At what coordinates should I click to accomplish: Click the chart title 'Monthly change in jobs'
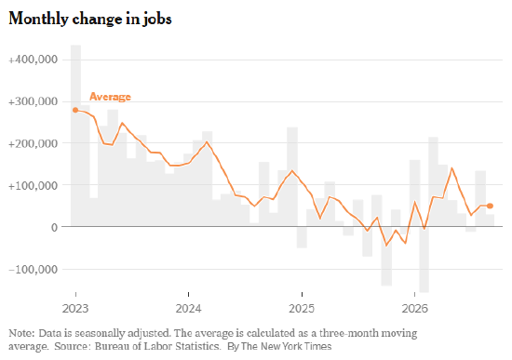[90, 19]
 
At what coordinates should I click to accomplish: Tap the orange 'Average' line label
[111, 97]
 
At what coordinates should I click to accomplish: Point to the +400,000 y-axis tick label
[33, 60]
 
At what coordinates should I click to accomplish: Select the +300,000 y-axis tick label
[33, 101]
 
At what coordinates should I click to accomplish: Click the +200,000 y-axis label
[33, 143]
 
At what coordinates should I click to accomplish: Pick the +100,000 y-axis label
[33, 185]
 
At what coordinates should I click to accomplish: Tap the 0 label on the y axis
[54, 227]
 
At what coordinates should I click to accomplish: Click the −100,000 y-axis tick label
[33, 269]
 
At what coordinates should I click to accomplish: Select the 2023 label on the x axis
[75, 309]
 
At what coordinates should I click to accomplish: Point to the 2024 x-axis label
[189, 309]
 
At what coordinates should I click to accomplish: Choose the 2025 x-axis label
[302, 309]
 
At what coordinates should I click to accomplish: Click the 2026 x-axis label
[414, 309]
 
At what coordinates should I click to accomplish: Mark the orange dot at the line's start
[75, 110]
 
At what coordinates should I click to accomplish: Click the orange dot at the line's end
[490, 206]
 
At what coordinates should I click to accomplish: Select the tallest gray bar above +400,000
[75, 136]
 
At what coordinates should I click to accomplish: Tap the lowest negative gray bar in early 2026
[424, 260]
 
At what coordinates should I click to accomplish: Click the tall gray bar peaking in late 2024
[292, 177]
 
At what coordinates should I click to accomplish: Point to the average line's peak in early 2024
[207, 142]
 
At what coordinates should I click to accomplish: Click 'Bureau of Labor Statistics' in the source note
[157, 346]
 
